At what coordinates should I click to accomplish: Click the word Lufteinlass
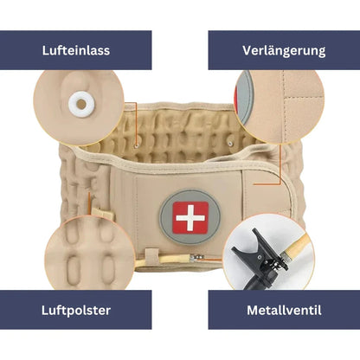75,49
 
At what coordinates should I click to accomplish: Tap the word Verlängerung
285,49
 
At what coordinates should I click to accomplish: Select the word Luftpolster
75,309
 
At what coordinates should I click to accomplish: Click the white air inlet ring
80,105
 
